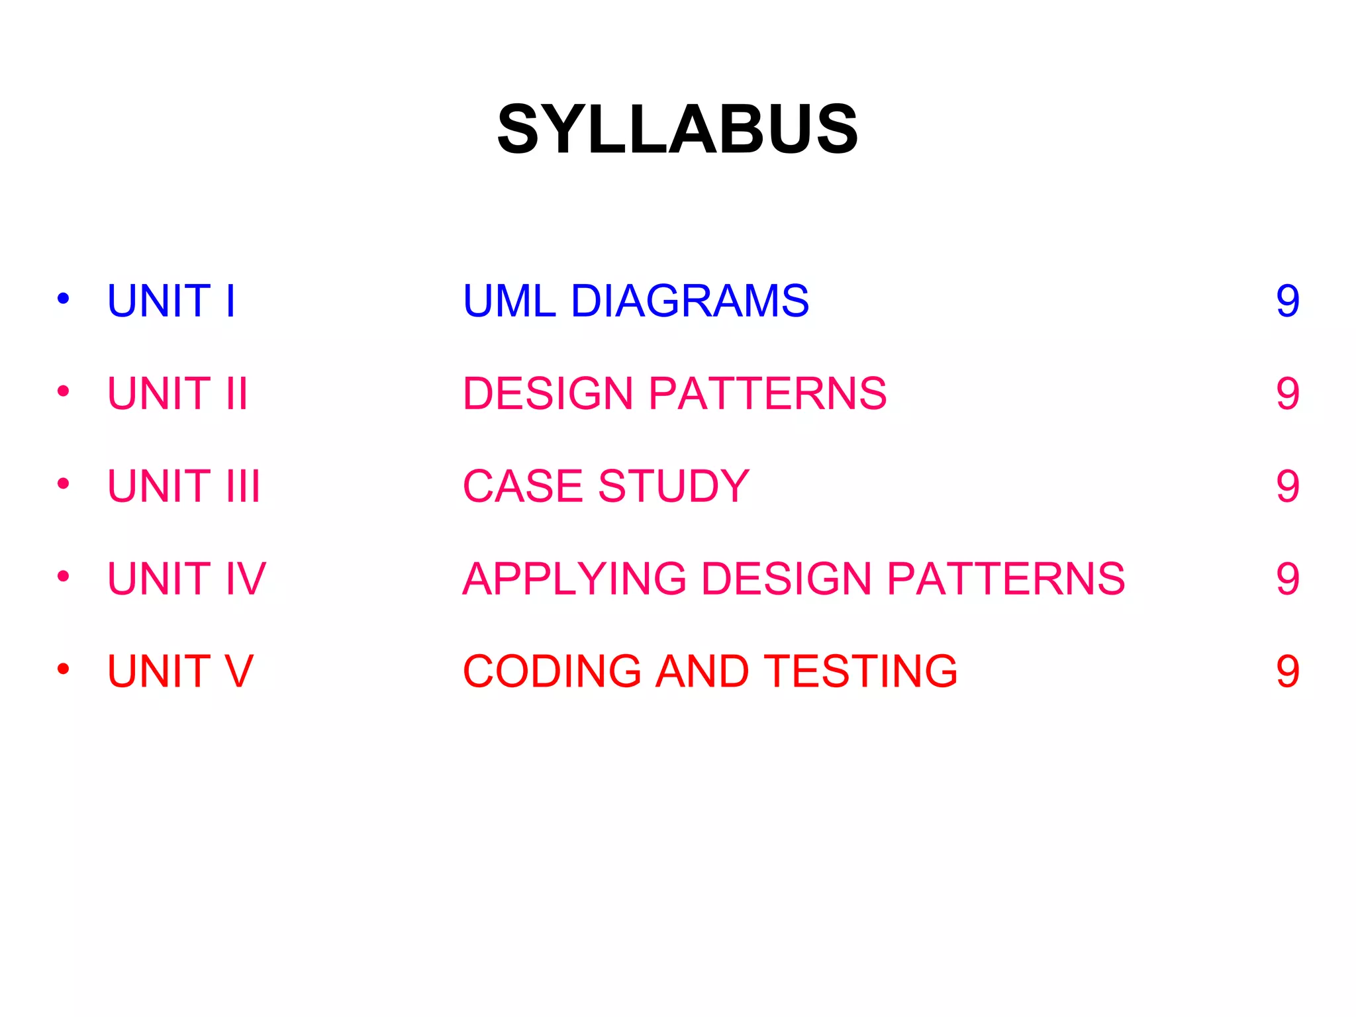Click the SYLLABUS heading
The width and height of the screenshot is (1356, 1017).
pyautogui.click(x=677, y=129)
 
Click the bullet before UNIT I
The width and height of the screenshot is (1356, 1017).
pyautogui.click(x=64, y=299)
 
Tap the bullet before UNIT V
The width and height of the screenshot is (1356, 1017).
pyautogui.click(x=64, y=669)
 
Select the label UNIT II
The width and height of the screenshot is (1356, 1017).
pyautogui.click(x=177, y=393)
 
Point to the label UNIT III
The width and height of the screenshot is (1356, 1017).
pyautogui.click(x=184, y=486)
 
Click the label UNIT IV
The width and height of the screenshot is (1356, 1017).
pyautogui.click(x=187, y=579)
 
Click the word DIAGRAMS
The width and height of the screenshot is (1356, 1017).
pyautogui.click(x=689, y=301)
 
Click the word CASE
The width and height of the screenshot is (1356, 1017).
pyautogui.click(x=523, y=486)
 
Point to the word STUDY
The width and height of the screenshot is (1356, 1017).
pyautogui.click(x=673, y=486)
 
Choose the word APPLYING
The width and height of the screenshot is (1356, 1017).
pyautogui.click(x=575, y=579)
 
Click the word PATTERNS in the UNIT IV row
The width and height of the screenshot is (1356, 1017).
pyautogui.click(x=1006, y=579)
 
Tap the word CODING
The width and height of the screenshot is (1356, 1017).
pyautogui.click(x=552, y=671)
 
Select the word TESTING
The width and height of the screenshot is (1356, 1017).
pyautogui.click(x=861, y=671)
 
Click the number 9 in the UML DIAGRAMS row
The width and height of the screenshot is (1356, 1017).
pyautogui.click(x=1288, y=301)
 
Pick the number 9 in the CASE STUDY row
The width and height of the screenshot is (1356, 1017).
pyautogui.click(x=1288, y=487)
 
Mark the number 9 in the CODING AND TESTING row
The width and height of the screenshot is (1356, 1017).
pyautogui.click(x=1288, y=672)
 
